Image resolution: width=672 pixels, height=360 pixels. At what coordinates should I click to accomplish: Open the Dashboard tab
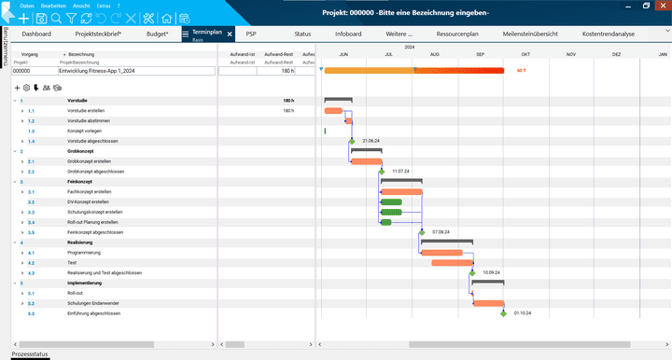36,34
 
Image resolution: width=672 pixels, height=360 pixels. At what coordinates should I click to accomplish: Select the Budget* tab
158,34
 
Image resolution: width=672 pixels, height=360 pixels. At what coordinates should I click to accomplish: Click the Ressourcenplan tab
458,34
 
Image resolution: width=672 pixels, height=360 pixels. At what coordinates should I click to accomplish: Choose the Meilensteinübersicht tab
529,34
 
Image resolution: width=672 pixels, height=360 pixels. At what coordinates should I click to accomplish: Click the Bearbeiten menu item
53,6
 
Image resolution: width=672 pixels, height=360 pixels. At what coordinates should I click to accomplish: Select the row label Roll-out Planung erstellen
92,222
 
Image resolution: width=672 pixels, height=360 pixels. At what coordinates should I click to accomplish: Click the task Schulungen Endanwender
91,303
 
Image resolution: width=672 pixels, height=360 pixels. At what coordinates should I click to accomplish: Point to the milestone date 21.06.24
374,141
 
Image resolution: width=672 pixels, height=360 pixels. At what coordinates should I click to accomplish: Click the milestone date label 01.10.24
522,313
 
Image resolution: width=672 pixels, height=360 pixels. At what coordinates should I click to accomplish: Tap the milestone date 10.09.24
494,272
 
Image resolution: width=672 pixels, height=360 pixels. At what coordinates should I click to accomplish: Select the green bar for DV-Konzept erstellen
391,201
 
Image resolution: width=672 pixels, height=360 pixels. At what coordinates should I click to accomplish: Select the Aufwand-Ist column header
242,55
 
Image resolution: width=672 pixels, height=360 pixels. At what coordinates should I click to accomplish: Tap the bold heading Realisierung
80,242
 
